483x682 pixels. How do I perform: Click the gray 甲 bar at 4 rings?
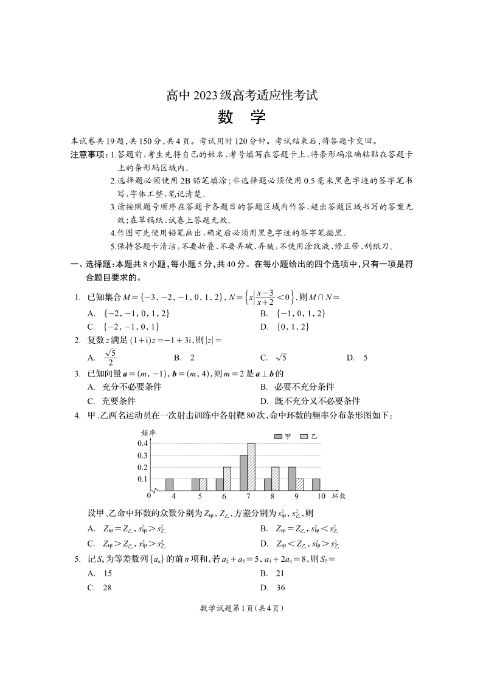coord(170,485)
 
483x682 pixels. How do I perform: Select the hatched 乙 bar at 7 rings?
coord(251,466)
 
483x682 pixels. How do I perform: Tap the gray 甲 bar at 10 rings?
coord(316,485)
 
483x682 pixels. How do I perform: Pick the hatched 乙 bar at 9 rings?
coord(299,485)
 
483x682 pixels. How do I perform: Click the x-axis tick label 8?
coord(272,496)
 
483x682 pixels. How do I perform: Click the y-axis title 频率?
coord(148,432)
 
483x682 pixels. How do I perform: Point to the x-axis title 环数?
coord(339,496)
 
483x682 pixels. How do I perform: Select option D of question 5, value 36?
coord(280,587)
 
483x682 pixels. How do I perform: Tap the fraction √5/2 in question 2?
coord(110,358)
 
